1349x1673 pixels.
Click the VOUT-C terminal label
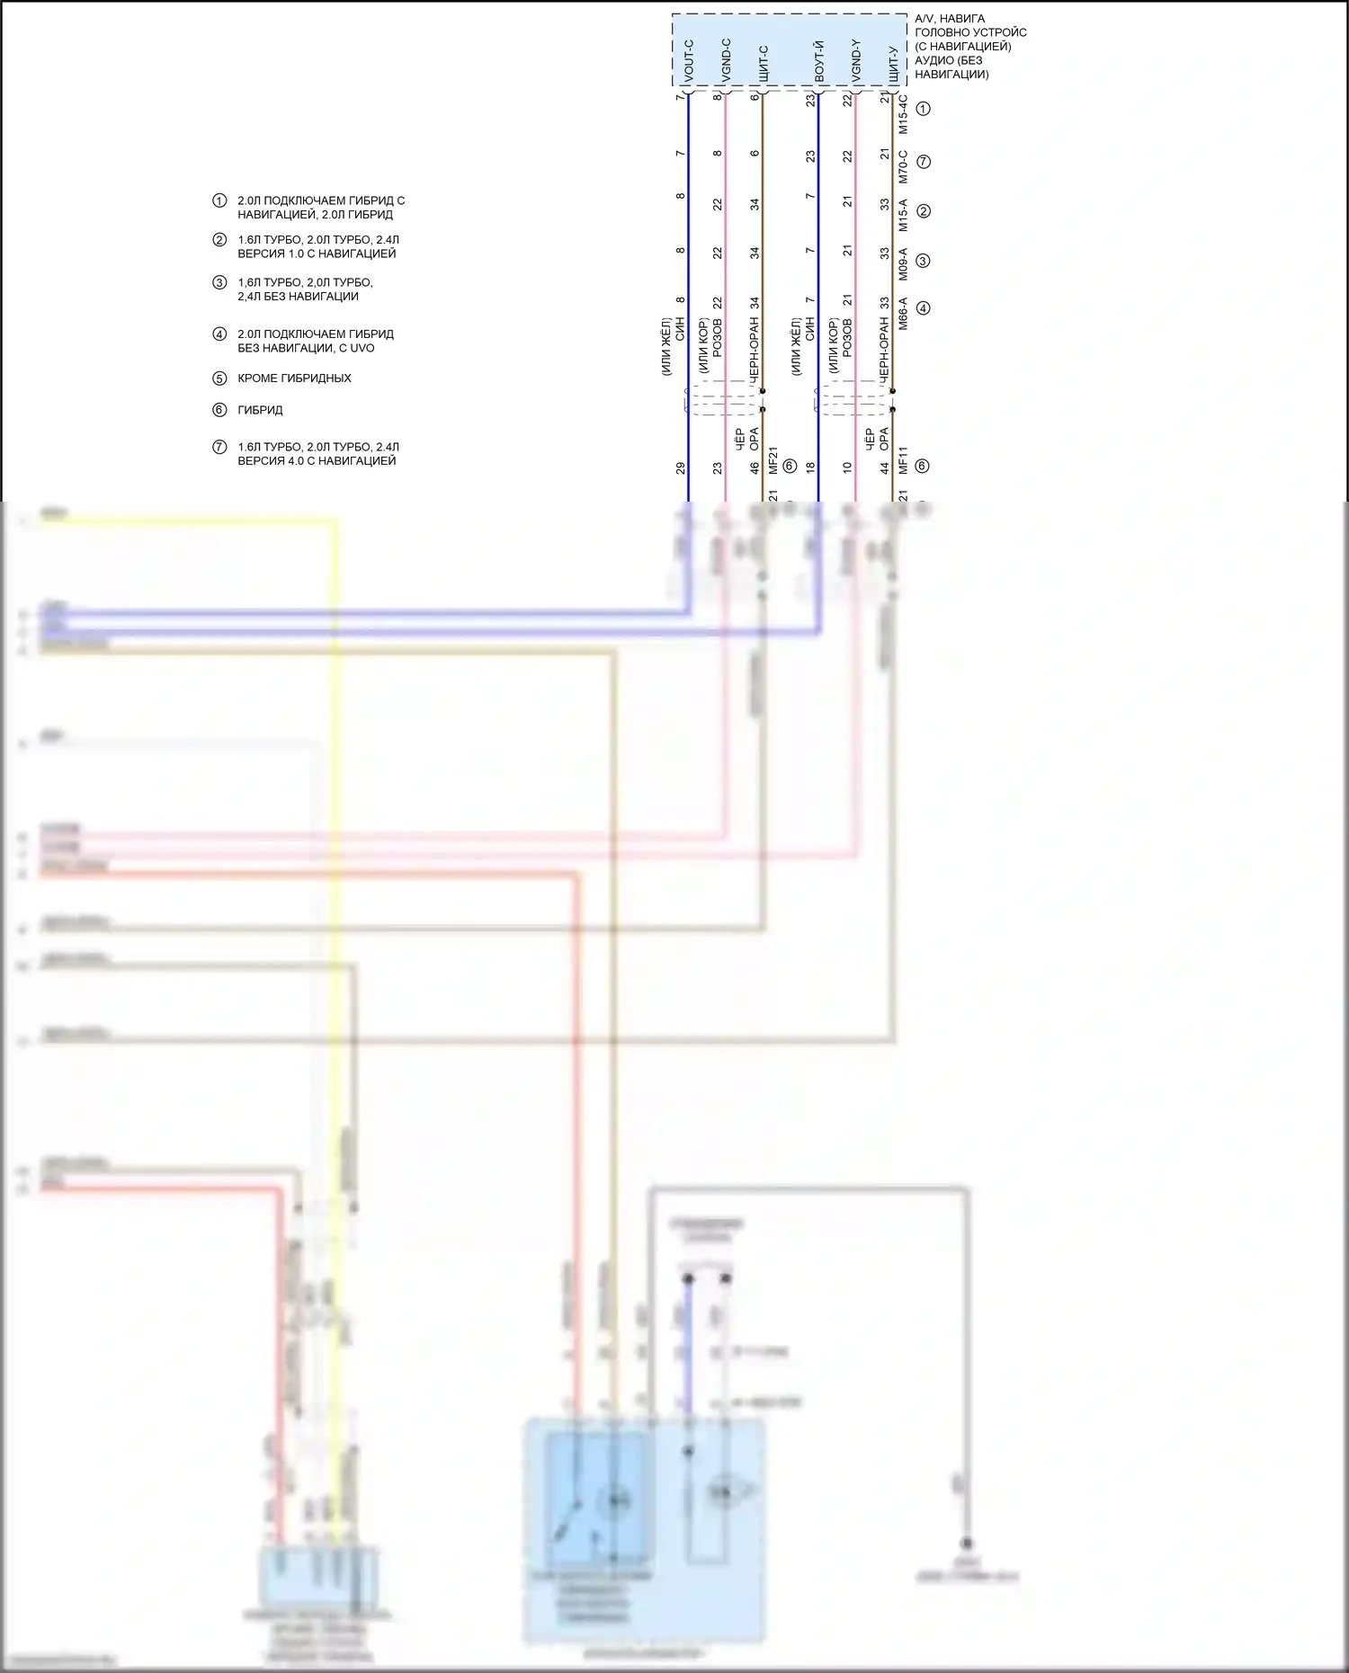[x=689, y=61]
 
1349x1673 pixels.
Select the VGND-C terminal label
[x=727, y=61]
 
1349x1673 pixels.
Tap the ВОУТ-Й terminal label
[x=819, y=61]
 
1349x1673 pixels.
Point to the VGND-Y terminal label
[x=856, y=61]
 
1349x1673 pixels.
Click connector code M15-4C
[x=904, y=114]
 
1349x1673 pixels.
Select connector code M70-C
[x=904, y=166]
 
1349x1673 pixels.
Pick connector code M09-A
[x=904, y=264]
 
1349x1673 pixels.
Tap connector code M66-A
[x=904, y=313]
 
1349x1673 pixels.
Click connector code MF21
[x=773, y=460]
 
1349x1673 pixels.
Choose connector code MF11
[x=904, y=460]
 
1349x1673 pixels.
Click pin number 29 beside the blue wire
[x=681, y=467]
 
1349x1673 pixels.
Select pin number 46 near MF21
[x=755, y=467]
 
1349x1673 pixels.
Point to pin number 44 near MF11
[x=885, y=467]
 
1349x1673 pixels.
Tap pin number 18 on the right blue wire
[x=810, y=467]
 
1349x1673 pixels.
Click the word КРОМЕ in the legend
[x=257, y=378]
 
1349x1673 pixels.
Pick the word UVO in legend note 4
[x=362, y=348]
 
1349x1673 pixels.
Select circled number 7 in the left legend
[x=219, y=447]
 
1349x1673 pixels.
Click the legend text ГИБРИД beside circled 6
[x=260, y=410]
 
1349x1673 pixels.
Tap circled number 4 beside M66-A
[x=923, y=308]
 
